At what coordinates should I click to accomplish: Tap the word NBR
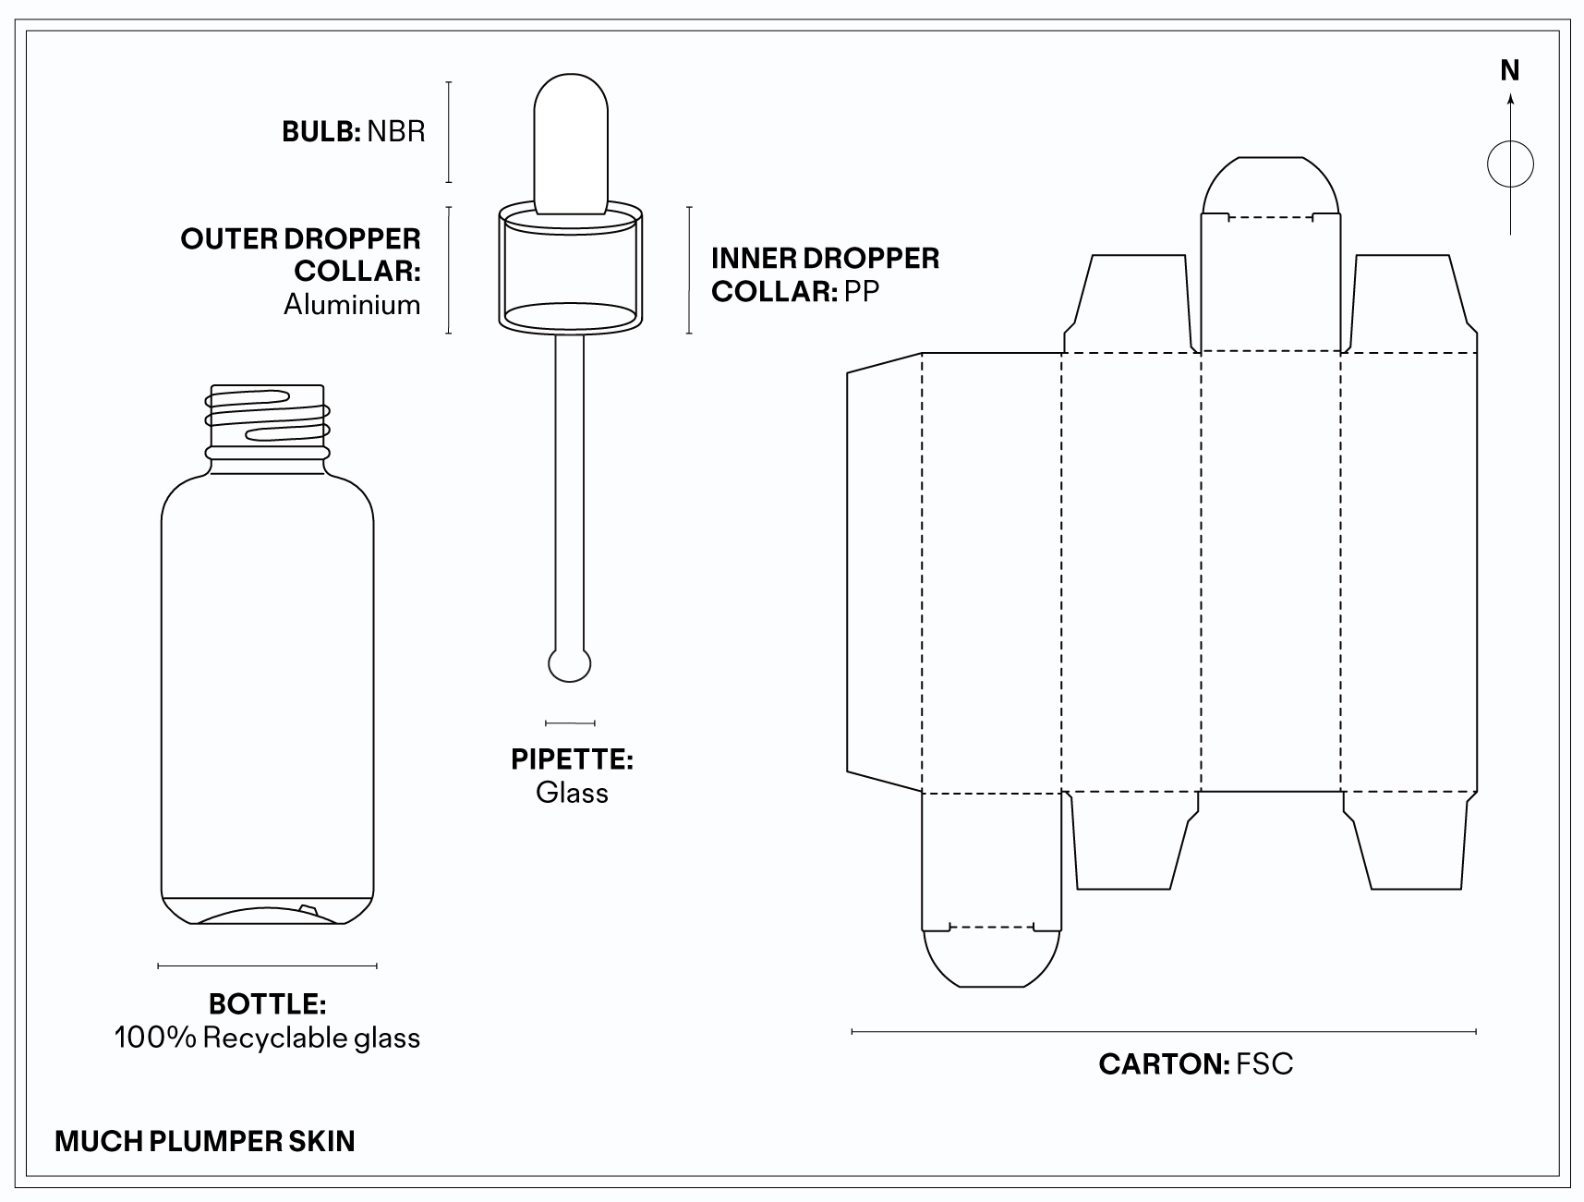click(x=396, y=131)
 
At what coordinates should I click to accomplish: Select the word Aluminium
click(x=352, y=305)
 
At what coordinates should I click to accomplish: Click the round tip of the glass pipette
click(x=570, y=665)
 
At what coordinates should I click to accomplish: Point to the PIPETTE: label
click(x=572, y=759)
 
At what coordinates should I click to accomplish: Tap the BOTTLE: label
click(x=267, y=1004)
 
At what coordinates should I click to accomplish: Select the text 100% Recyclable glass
click(x=267, y=1038)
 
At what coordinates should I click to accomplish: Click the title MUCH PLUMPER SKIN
click(x=205, y=1141)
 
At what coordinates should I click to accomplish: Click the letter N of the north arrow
click(x=1510, y=71)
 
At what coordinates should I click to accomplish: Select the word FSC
click(x=1264, y=1064)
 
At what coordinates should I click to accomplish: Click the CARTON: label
click(x=1163, y=1064)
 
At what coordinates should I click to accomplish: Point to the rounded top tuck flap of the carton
click(x=1270, y=185)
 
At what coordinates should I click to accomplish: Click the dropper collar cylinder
click(x=570, y=268)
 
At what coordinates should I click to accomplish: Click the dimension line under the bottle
click(x=267, y=966)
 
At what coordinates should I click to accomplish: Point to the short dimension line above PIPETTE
click(x=570, y=722)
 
